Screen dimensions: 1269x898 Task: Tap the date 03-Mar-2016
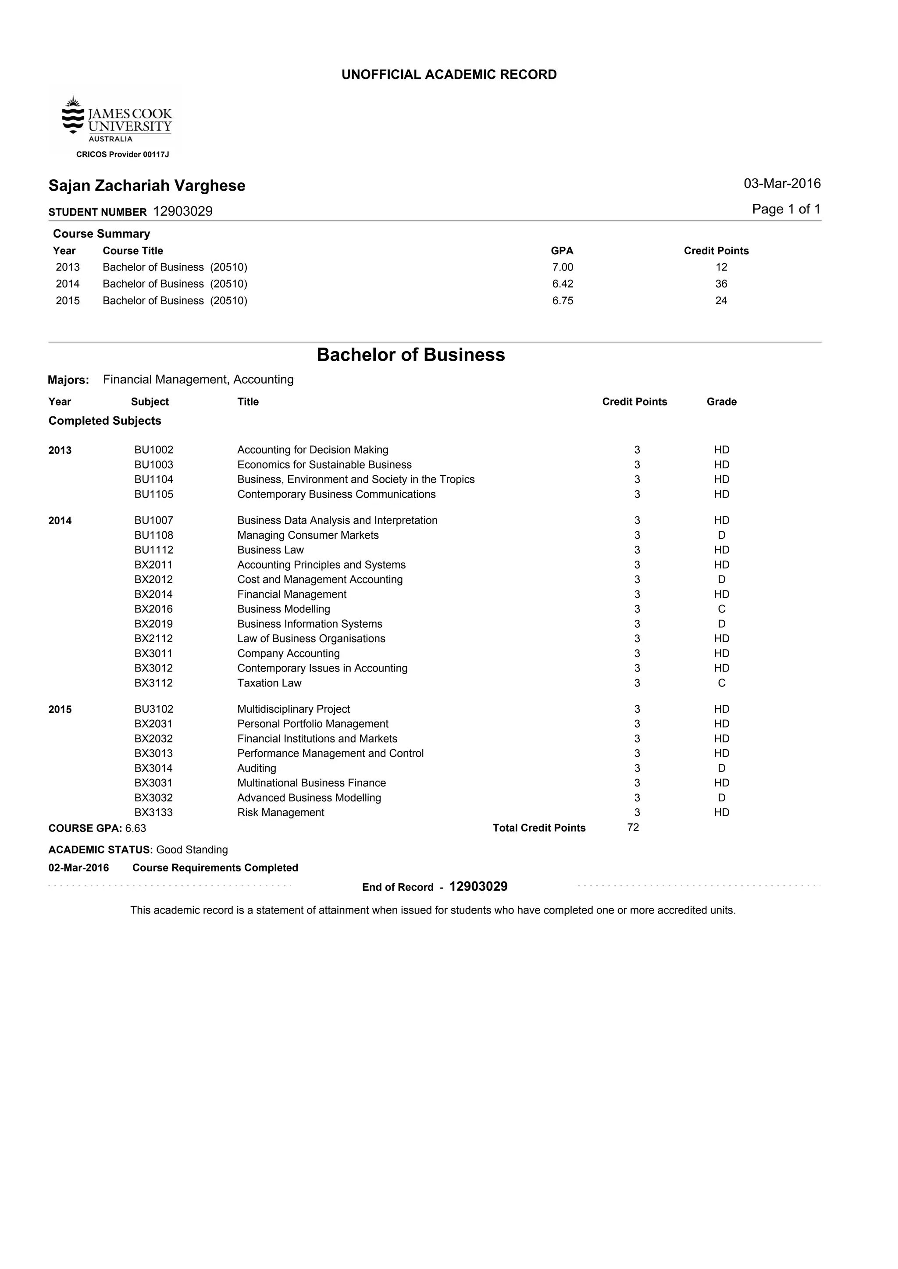click(782, 184)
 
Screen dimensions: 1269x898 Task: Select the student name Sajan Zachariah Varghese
click(146, 186)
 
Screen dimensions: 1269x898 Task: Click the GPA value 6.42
click(563, 284)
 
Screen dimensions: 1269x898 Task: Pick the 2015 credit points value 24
click(720, 301)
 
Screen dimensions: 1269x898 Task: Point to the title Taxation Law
click(269, 683)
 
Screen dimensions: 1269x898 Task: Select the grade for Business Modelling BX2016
click(721, 609)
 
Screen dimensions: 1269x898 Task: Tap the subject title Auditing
click(257, 768)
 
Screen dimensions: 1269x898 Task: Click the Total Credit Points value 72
click(633, 828)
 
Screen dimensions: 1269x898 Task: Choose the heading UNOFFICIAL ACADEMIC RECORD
click(449, 75)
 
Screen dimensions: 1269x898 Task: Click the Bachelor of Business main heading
click(410, 355)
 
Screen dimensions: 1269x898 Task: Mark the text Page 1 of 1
click(786, 210)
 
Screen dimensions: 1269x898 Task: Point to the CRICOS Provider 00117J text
click(122, 155)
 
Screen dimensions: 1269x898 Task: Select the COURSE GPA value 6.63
click(135, 828)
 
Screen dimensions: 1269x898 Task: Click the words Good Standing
click(192, 850)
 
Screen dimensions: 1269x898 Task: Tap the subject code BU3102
click(154, 709)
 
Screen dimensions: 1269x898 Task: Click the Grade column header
click(721, 402)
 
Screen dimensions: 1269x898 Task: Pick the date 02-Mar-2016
click(78, 868)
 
